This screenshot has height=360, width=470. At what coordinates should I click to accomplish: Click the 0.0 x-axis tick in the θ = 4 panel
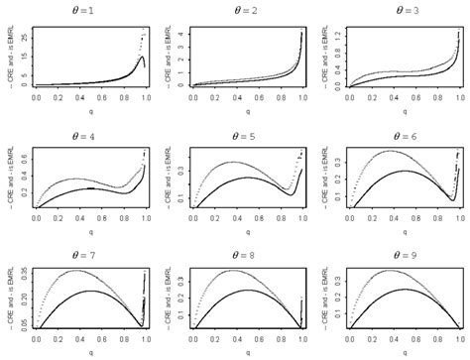pyautogui.click(x=37, y=219)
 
